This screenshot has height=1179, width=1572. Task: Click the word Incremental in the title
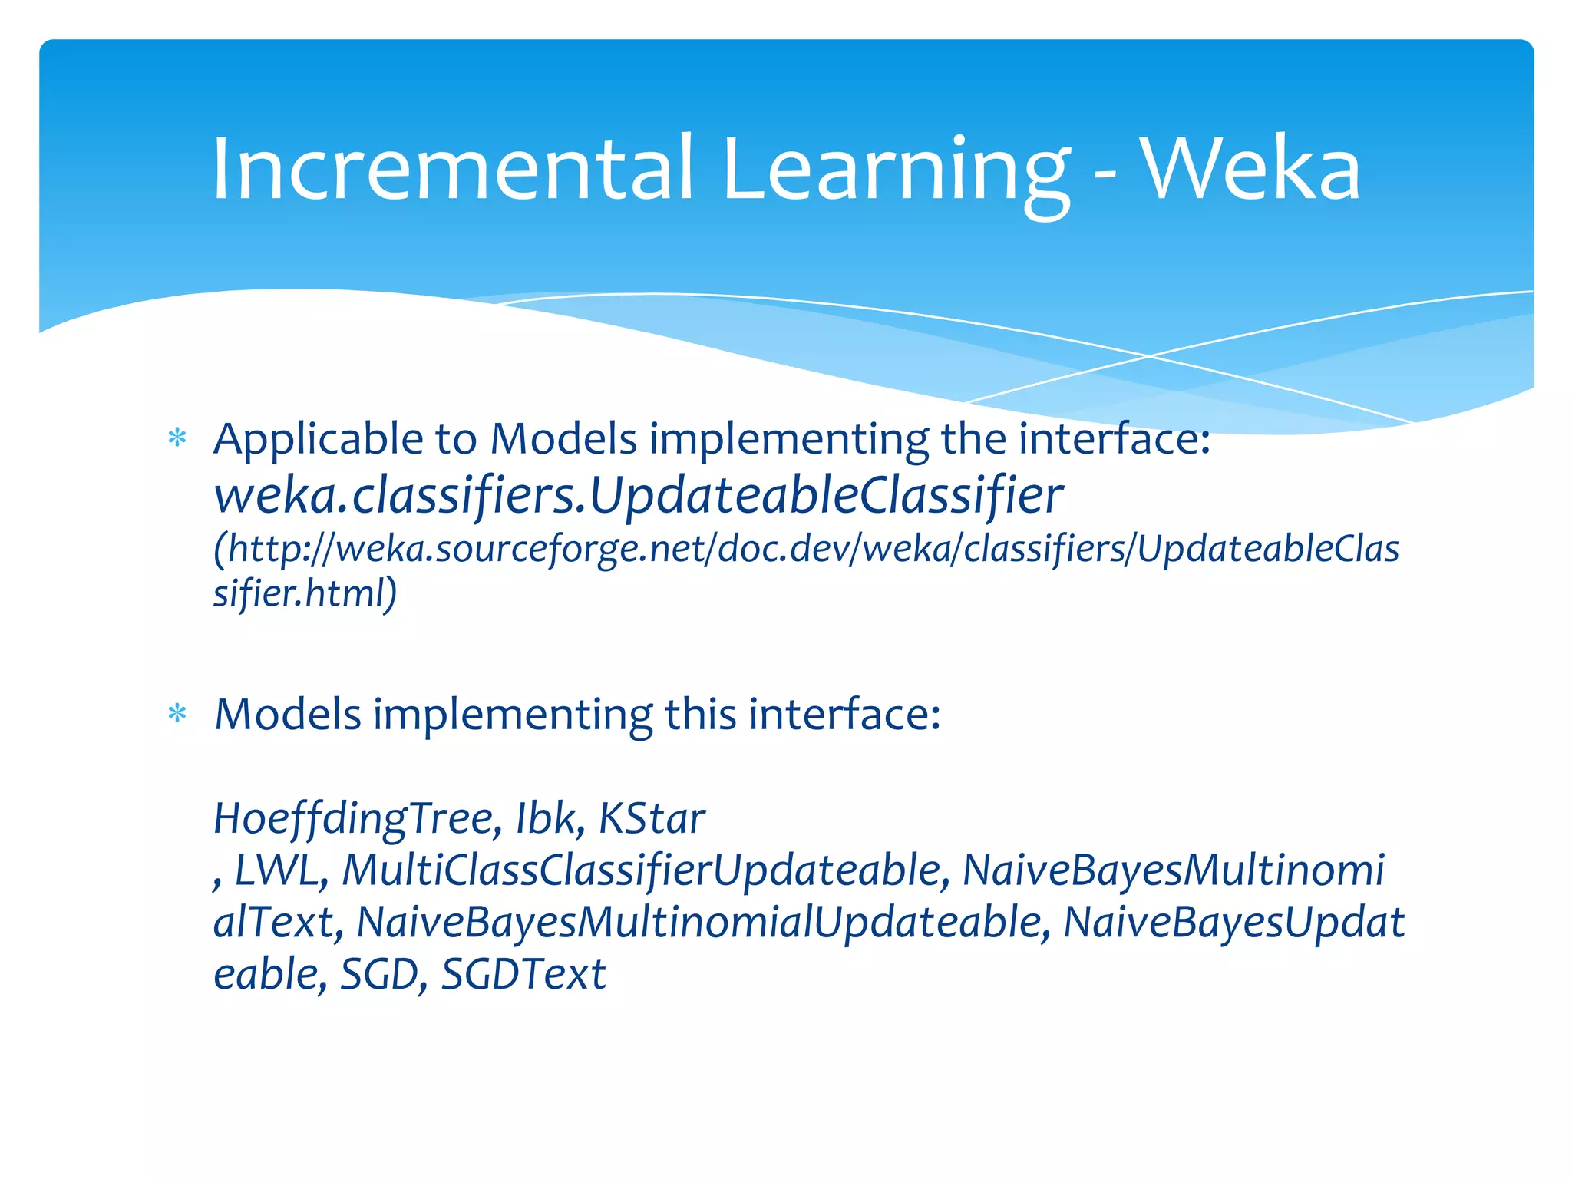(453, 169)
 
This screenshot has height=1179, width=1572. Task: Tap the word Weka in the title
(1251, 169)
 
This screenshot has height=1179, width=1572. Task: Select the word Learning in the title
(894, 173)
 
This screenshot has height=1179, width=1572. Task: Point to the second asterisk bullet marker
(177, 715)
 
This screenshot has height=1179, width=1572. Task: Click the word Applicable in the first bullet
(319, 441)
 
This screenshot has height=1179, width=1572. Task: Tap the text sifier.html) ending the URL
(305, 593)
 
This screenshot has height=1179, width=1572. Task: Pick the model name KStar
(651, 819)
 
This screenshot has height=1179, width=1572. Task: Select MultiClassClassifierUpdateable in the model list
(643, 871)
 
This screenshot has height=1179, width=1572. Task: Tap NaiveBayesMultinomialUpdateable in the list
(702, 923)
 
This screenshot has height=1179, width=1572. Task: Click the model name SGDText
(523, 975)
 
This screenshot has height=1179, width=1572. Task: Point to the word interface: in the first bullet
(1113, 439)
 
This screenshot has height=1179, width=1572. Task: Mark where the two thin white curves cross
(1149, 356)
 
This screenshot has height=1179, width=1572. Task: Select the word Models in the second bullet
(287, 715)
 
